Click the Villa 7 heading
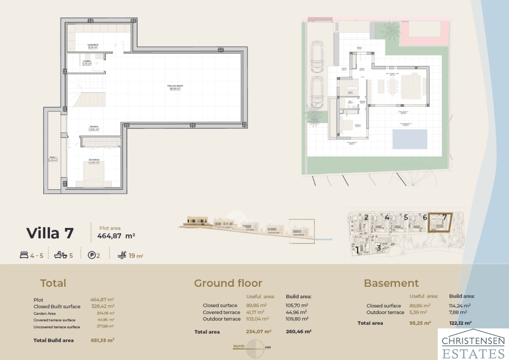coord(50,234)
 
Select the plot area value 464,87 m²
coord(116,236)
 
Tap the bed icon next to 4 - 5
coord(24,255)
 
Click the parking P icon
coord(92,255)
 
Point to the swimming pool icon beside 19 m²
coord(122,255)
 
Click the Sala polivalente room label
coord(175,86)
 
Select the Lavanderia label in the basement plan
coord(93,45)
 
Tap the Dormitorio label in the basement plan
coord(94,159)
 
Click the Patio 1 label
coord(53,157)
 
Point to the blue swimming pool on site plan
coord(409,139)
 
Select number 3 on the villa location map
coord(379,248)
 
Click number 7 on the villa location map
coord(444,217)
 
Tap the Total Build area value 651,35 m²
coord(102,340)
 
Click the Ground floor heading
coord(228,283)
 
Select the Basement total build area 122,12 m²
coord(460,323)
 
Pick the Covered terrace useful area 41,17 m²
coord(255,312)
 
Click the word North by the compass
coord(239,346)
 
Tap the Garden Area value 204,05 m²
coord(105,313)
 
